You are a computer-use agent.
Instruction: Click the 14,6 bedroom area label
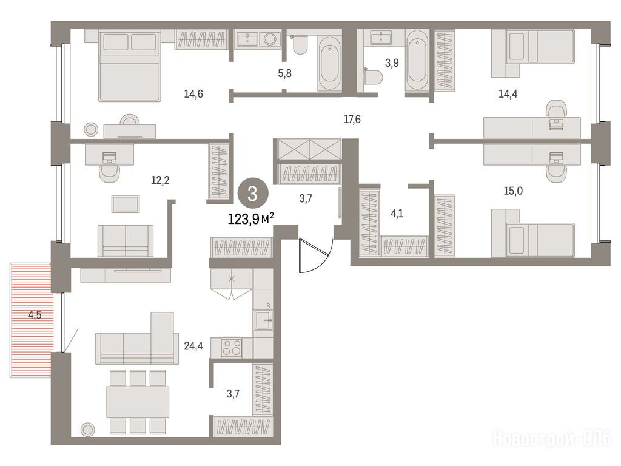(193, 94)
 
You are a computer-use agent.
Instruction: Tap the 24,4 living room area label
(193, 346)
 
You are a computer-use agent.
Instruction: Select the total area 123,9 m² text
(251, 218)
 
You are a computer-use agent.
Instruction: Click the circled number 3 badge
(253, 194)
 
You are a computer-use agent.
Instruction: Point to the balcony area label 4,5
(35, 316)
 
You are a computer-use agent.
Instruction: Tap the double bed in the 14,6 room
(130, 66)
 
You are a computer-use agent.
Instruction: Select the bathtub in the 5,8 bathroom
(329, 64)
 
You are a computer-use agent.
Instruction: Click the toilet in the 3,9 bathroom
(373, 76)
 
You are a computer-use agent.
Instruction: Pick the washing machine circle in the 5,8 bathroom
(270, 39)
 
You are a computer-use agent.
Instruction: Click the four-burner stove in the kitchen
(232, 348)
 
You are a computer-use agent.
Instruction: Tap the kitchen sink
(264, 320)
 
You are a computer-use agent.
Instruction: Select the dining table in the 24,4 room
(138, 402)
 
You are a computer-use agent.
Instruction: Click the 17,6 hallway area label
(352, 120)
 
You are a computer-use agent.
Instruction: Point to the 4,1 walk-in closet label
(397, 214)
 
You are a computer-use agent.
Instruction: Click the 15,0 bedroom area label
(513, 191)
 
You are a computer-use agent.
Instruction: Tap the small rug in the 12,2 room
(126, 204)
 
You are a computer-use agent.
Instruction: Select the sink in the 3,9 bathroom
(381, 38)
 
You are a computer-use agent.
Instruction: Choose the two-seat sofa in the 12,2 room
(125, 241)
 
